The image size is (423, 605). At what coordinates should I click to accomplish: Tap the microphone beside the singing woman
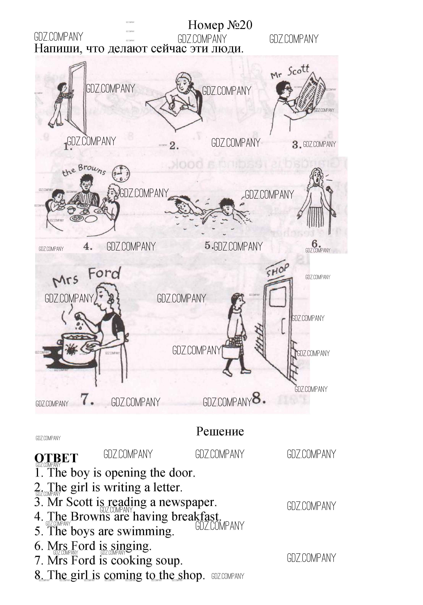point(329,189)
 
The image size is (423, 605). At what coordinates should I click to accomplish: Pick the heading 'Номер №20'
point(220,25)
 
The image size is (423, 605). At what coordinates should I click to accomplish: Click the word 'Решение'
point(220,431)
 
